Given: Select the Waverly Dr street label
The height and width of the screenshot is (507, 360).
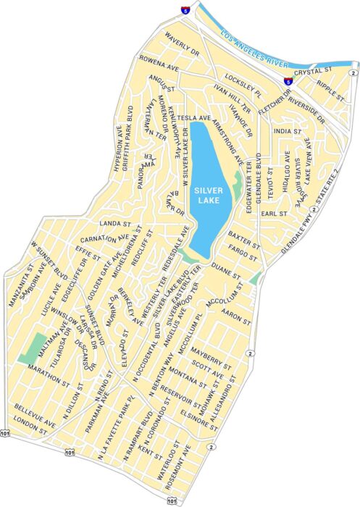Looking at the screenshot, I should click(181, 43).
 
